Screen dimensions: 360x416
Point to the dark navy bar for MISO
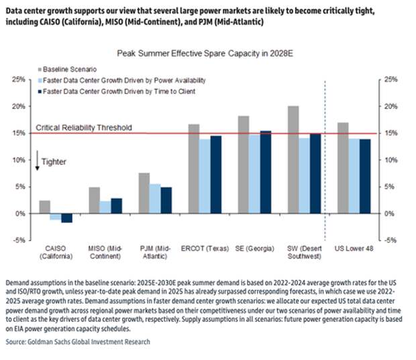[116, 206]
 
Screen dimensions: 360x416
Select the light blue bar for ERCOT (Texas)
[204, 177]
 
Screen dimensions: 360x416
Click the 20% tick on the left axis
[23, 106]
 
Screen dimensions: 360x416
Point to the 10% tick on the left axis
[23, 160]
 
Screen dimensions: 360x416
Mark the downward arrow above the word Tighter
[38, 163]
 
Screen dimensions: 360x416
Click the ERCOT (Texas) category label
[205, 250]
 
